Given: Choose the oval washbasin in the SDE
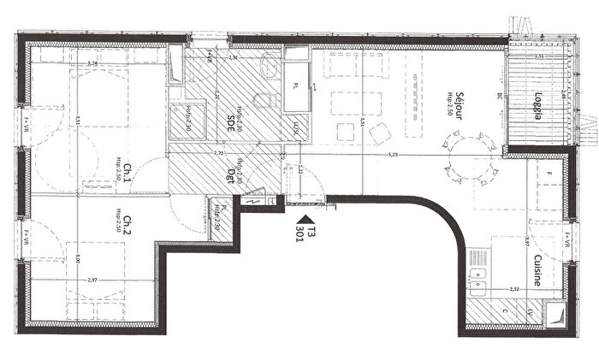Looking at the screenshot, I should [x=264, y=100].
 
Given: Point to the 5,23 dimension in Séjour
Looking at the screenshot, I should [x=393, y=155].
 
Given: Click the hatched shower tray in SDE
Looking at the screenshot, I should [x=185, y=121].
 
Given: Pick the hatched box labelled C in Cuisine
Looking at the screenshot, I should [x=503, y=312].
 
